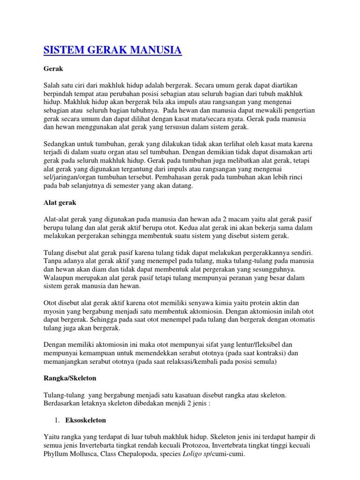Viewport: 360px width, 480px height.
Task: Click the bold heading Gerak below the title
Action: coord(53,68)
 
